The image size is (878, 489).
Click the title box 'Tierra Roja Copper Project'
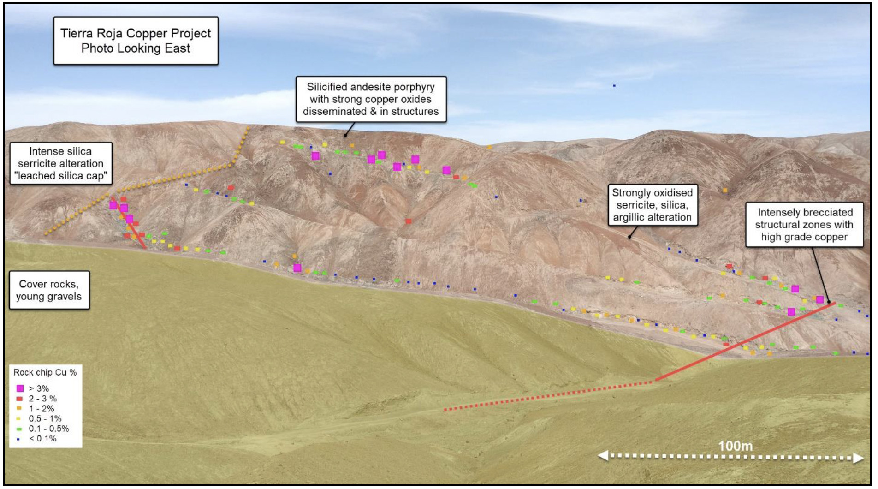[x=136, y=41]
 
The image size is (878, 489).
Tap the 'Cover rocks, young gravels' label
[x=49, y=290]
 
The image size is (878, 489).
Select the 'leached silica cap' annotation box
[x=61, y=163]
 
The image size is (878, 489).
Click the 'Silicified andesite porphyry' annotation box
[x=371, y=99]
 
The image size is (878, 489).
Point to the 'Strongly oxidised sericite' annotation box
[x=652, y=205]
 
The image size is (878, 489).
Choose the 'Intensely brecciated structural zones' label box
[x=804, y=225]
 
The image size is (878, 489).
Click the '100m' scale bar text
[x=736, y=446]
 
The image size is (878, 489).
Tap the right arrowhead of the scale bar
[x=858, y=458]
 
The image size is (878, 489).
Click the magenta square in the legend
[x=20, y=388]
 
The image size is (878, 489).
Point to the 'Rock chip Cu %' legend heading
[x=45, y=372]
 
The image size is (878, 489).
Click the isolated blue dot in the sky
[x=614, y=86]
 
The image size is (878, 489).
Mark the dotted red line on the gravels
[x=549, y=395]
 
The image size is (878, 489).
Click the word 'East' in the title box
[x=178, y=48]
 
